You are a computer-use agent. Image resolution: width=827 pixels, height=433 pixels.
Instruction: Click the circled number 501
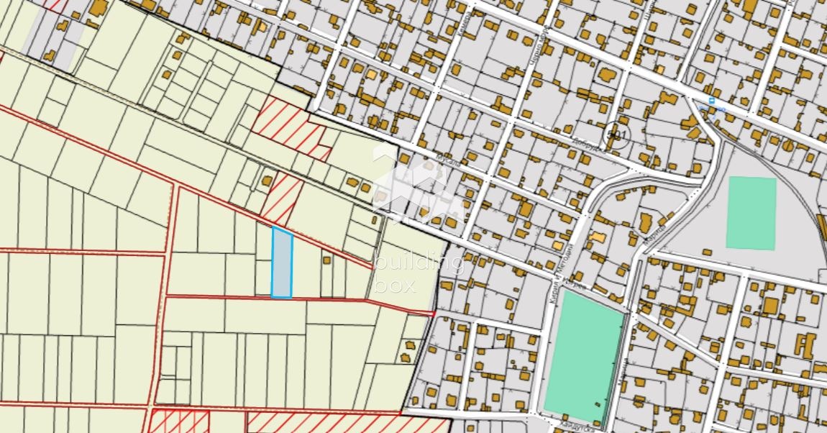(617, 135)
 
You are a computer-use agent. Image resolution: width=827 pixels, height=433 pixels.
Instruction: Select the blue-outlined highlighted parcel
(282, 263)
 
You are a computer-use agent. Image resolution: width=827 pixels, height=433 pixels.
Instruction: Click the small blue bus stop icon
(712, 101)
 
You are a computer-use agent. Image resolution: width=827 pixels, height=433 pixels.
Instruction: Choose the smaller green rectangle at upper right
(751, 213)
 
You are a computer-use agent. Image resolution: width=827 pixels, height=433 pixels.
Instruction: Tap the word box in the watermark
(395, 285)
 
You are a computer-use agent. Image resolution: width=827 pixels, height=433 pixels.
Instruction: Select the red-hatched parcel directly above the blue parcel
(282, 199)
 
